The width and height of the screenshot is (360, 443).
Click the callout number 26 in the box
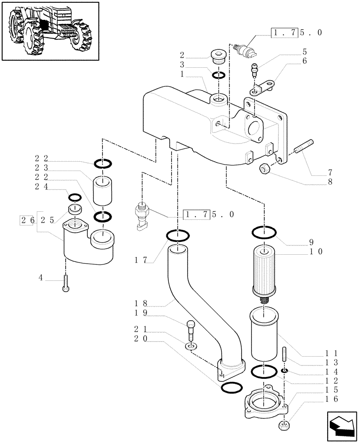point(26,220)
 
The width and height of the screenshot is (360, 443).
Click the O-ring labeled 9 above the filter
point(265,232)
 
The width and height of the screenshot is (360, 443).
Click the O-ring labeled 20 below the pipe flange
point(231,388)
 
